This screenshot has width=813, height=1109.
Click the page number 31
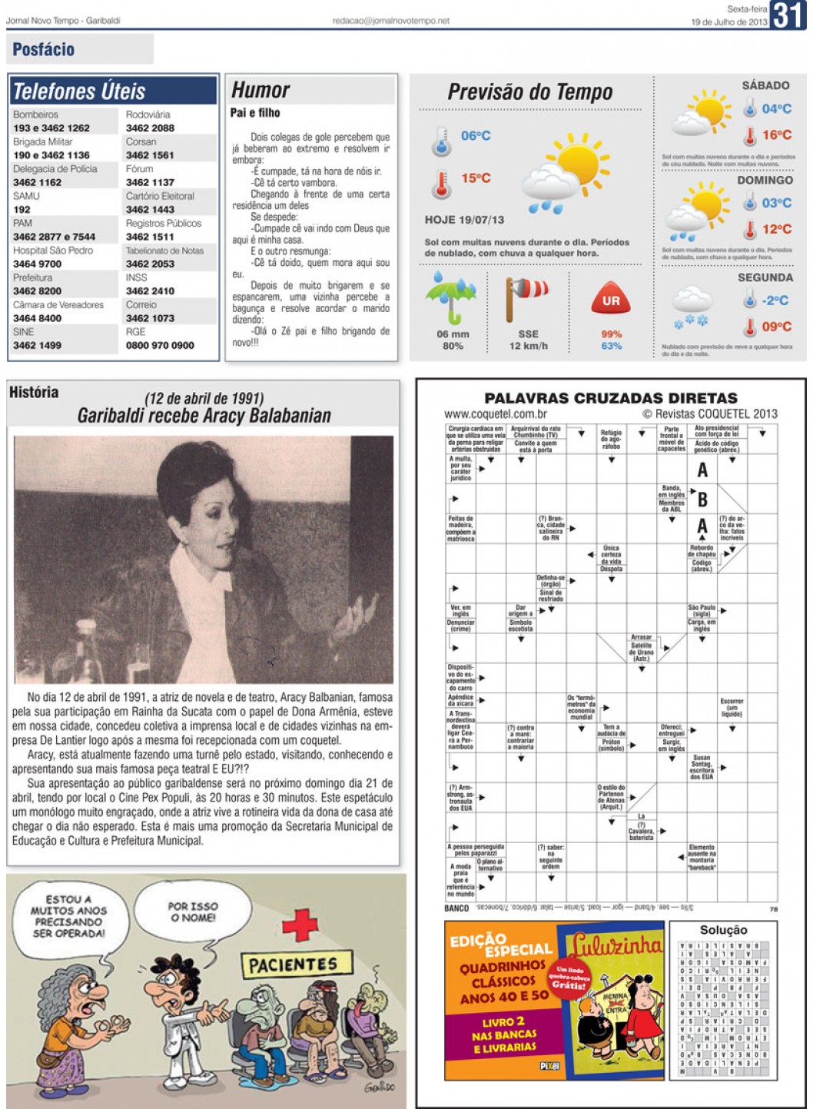pos(788,15)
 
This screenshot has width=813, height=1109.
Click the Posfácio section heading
pos(44,50)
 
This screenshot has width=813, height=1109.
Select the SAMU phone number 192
pos(22,209)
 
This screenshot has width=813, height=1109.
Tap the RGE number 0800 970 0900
pos(160,346)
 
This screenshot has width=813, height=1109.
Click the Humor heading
pos(260,90)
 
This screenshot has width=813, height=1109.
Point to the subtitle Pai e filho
pos(255,113)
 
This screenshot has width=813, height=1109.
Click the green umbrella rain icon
pos(451,297)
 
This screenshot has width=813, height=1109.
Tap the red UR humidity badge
pos(611,300)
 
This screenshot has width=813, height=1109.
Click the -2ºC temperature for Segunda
pos(775,300)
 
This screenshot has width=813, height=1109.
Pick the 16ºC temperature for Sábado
pos(776,135)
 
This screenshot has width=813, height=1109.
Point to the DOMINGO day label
pos(765,180)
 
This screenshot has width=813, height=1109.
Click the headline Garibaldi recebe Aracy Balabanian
pos(204,416)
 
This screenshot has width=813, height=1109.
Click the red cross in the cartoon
pos(300,925)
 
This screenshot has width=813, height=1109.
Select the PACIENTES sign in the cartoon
pos(293,964)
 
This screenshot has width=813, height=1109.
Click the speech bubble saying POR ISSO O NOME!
pos(193,912)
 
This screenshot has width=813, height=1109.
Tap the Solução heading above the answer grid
pos(723,930)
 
